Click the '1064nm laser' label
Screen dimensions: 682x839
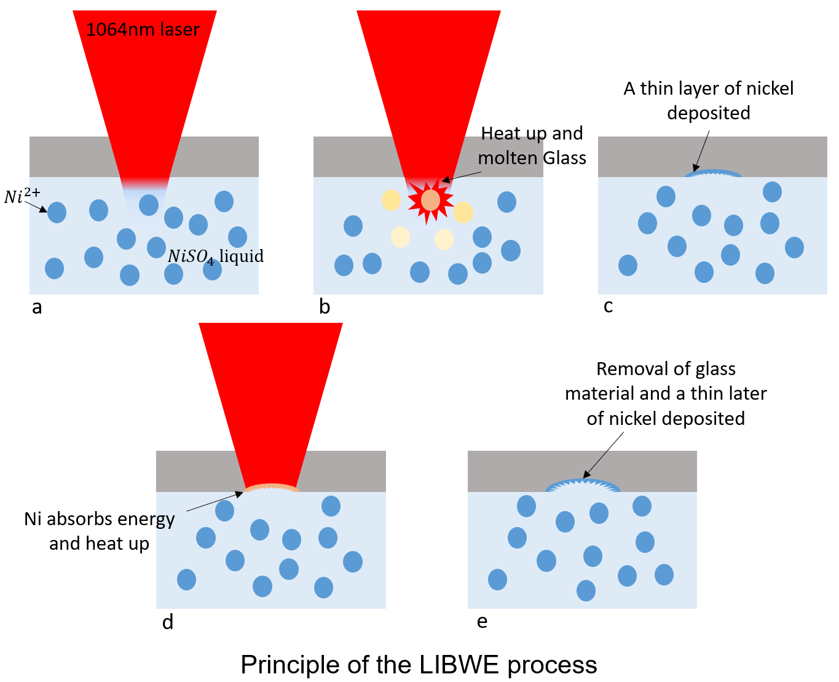[x=143, y=30]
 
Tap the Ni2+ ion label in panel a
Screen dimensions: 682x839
[x=22, y=196]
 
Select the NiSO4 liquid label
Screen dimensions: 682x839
[x=215, y=256]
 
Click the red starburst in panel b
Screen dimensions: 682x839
[x=431, y=200]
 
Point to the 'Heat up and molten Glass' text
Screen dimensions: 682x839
[x=532, y=146]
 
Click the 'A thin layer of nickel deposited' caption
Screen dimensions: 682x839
[x=709, y=100]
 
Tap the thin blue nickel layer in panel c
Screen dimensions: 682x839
[x=713, y=174]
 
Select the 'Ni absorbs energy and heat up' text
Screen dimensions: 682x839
[x=99, y=531]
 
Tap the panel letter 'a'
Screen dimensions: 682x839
[x=37, y=307]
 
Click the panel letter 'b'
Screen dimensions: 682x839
[x=325, y=306]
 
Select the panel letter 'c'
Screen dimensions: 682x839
[x=608, y=306]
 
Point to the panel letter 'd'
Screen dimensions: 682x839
[x=168, y=622]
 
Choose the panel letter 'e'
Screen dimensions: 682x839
[x=483, y=621]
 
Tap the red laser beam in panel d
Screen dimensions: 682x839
[x=270, y=400]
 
